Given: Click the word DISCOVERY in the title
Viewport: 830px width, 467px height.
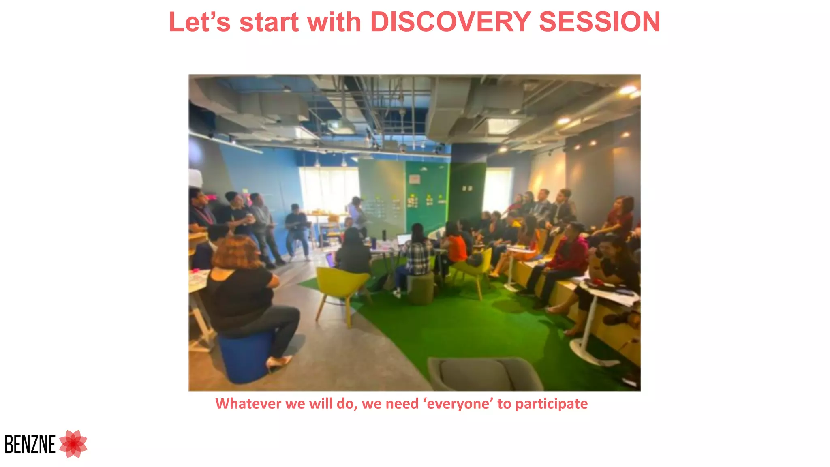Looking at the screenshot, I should coord(450,22).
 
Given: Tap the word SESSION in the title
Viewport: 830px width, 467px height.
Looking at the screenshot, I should coord(599,22).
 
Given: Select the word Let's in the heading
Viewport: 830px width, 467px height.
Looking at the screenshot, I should coord(199,22).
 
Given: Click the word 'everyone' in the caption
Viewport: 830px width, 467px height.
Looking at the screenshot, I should coord(458,404).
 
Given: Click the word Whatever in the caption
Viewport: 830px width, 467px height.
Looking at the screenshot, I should coord(248,404).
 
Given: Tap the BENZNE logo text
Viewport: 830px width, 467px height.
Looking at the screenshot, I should coord(30,444).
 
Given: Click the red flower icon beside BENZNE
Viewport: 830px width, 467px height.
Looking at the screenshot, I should coord(73,443).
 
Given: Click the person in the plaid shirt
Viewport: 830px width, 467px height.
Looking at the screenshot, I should coord(417,255).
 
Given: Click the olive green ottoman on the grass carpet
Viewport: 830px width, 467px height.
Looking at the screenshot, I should coord(420,289).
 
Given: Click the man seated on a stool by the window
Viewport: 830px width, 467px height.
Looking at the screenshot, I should coord(297,229).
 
